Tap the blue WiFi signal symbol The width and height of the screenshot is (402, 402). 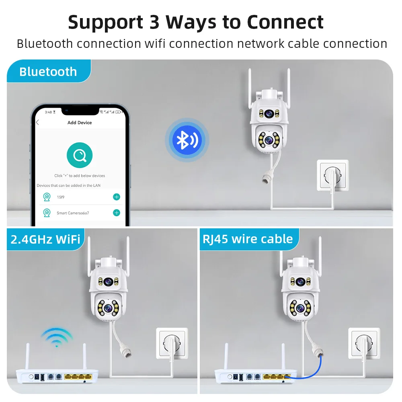[57, 337]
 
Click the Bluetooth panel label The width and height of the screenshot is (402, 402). [48, 72]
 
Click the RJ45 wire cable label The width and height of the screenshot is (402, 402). [248, 239]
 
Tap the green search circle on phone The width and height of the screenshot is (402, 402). [79, 155]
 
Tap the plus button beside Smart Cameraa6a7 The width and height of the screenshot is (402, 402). [117, 213]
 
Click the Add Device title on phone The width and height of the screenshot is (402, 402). [80, 123]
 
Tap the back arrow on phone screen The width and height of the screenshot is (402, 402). [38, 123]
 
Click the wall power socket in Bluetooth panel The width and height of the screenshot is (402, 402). [333, 176]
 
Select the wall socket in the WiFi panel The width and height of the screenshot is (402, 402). [172, 344]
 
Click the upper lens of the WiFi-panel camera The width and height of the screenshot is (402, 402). [108, 281]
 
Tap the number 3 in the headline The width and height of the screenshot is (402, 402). [154, 22]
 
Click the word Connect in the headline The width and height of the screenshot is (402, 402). [285, 22]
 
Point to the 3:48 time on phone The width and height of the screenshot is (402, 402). [48, 112]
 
